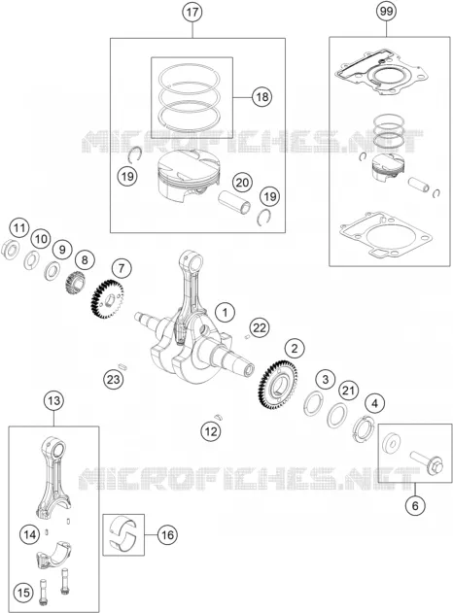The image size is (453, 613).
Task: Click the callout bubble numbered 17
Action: [x=192, y=12]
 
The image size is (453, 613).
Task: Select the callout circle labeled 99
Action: [x=386, y=12]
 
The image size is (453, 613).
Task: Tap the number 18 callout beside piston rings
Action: [x=262, y=96]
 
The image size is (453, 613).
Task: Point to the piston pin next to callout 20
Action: [x=234, y=202]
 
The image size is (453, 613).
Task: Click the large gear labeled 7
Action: [x=107, y=300]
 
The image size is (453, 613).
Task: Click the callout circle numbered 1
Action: [x=225, y=313]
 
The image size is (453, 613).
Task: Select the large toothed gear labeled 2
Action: [x=278, y=385]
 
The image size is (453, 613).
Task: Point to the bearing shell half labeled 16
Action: [x=123, y=534]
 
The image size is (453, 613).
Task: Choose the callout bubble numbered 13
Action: [x=53, y=400]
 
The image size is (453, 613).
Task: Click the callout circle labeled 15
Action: [x=22, y=593]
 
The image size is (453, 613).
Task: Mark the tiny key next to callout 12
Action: [x=218, y=416]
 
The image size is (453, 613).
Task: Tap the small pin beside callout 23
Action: [x=122, y=366]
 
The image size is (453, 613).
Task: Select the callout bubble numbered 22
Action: [x=259, y=327]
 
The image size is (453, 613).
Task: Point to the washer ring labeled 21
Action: [x=336, y=415]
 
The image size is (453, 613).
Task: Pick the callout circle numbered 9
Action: [x=62, y=249]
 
